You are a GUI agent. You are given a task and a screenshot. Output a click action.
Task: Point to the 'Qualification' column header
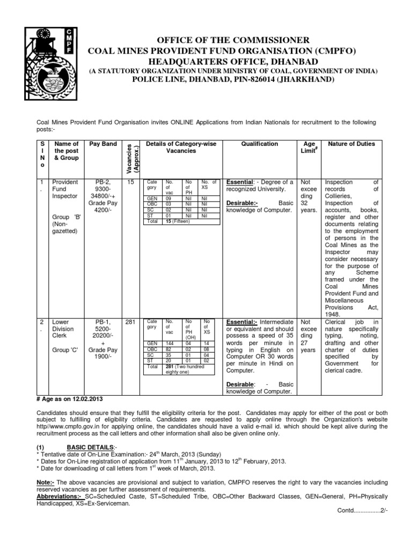coord(260,144)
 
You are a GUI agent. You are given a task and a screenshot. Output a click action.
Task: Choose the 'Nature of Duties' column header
coord(351,144)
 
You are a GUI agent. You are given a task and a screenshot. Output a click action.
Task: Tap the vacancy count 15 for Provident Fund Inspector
coord(130,183)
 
